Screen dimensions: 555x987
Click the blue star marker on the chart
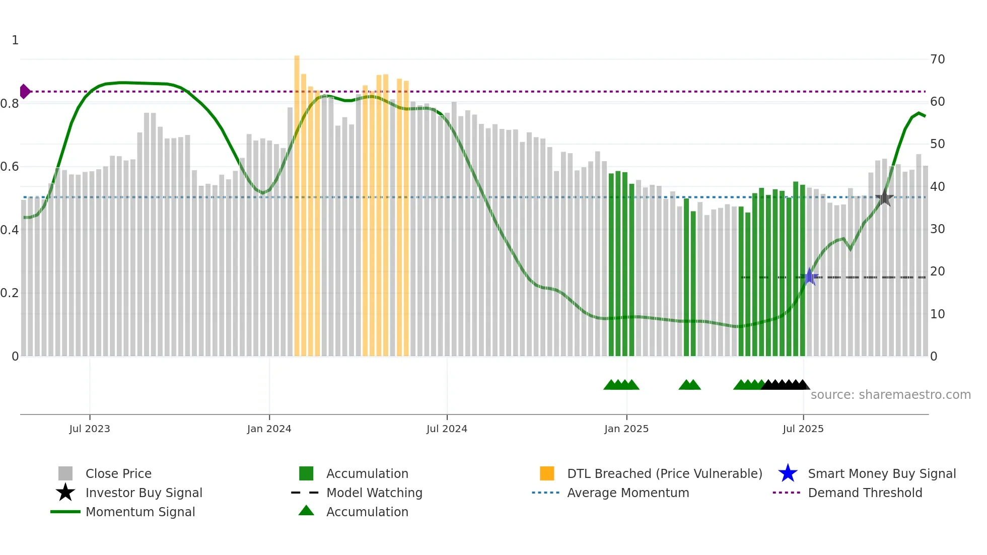(x=810, y=276)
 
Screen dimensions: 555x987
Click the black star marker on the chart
(x=884, y=198)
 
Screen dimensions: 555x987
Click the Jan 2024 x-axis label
(x=269, y=429)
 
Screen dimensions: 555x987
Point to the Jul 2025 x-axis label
(x=803, y=429)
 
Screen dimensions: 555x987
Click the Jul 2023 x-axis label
(x=90, y=429)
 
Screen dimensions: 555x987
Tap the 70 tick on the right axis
(x=937, y=59)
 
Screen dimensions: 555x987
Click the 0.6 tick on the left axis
(x=10, y=167)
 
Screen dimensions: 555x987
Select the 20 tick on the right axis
(x=937, y=271)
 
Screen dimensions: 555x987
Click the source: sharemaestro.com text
(x=890, y=395)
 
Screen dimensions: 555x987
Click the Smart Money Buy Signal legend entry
(x=881, y=474)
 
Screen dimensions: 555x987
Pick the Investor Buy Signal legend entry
(x=144, y=493)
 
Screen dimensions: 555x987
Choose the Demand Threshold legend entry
(x=865, y=493)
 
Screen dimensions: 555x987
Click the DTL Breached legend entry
(x=664, y=474)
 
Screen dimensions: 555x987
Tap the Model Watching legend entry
(x=374, y=493)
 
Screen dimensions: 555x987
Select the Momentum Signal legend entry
(x=140, y=512)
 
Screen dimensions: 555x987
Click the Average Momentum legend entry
(x=627, y=493)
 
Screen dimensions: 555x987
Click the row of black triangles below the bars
(x=785, y=385)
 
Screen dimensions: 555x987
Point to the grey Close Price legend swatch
(x=65, y=474)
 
